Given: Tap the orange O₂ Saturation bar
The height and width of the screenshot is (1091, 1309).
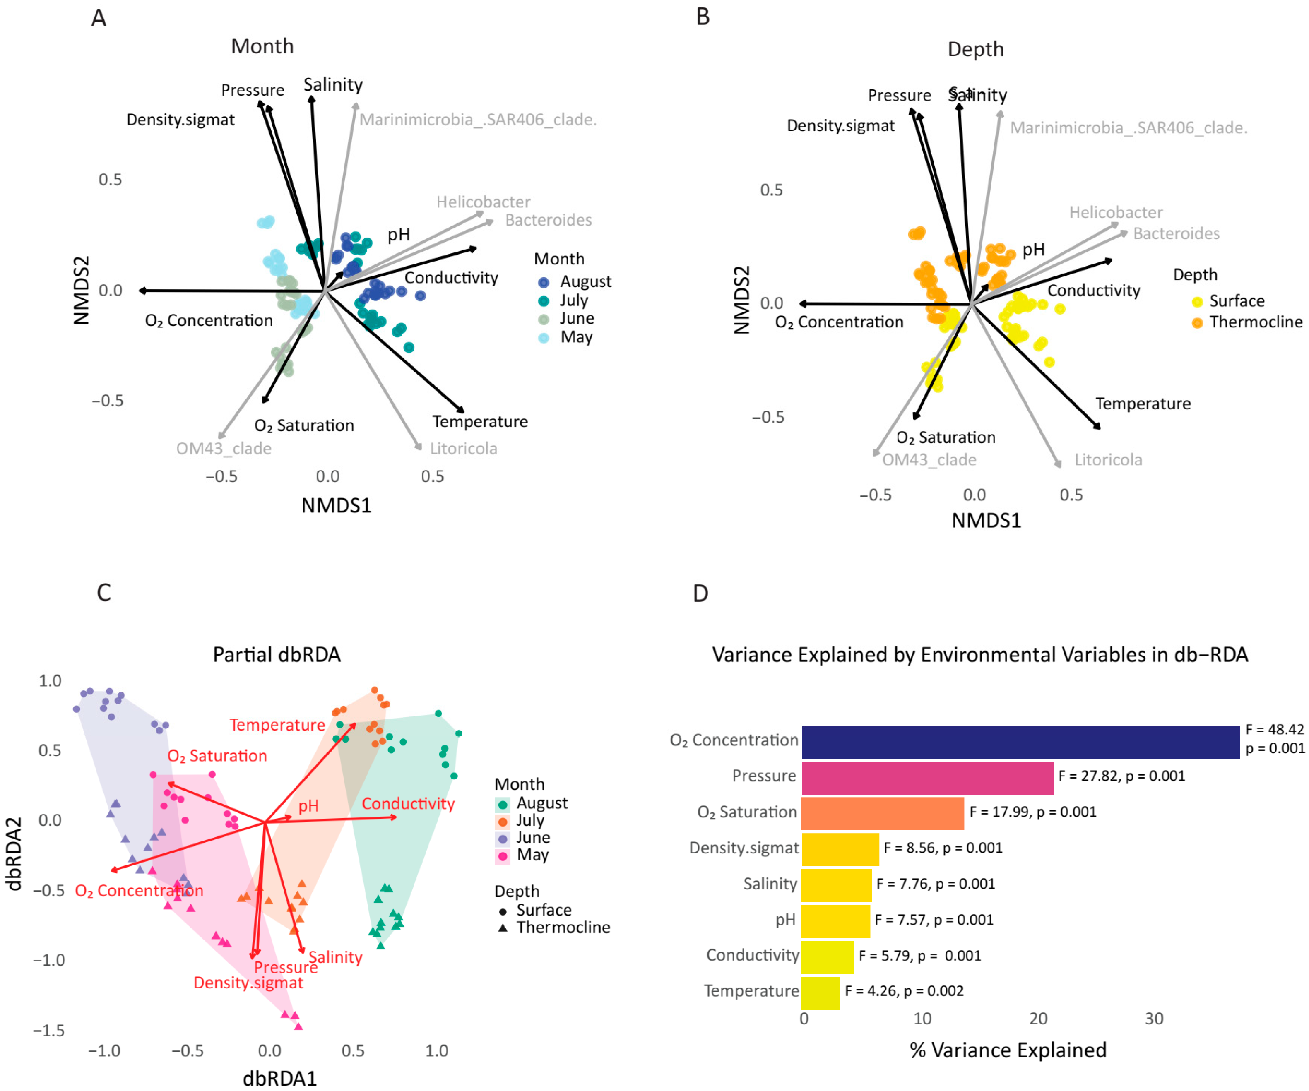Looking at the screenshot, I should click(x=882, y=814).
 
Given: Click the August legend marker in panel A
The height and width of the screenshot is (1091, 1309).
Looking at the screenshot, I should click(x=544, y=282).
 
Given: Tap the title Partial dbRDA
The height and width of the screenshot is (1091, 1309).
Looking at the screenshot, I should click(x=277, y=655).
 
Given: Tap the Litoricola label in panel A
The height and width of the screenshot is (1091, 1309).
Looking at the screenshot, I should click(x=463, y=449).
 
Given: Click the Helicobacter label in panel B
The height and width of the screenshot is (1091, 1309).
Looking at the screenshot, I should click(x=1116, y=212).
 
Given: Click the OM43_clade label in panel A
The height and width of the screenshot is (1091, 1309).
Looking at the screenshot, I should click(x=223, y=449).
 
